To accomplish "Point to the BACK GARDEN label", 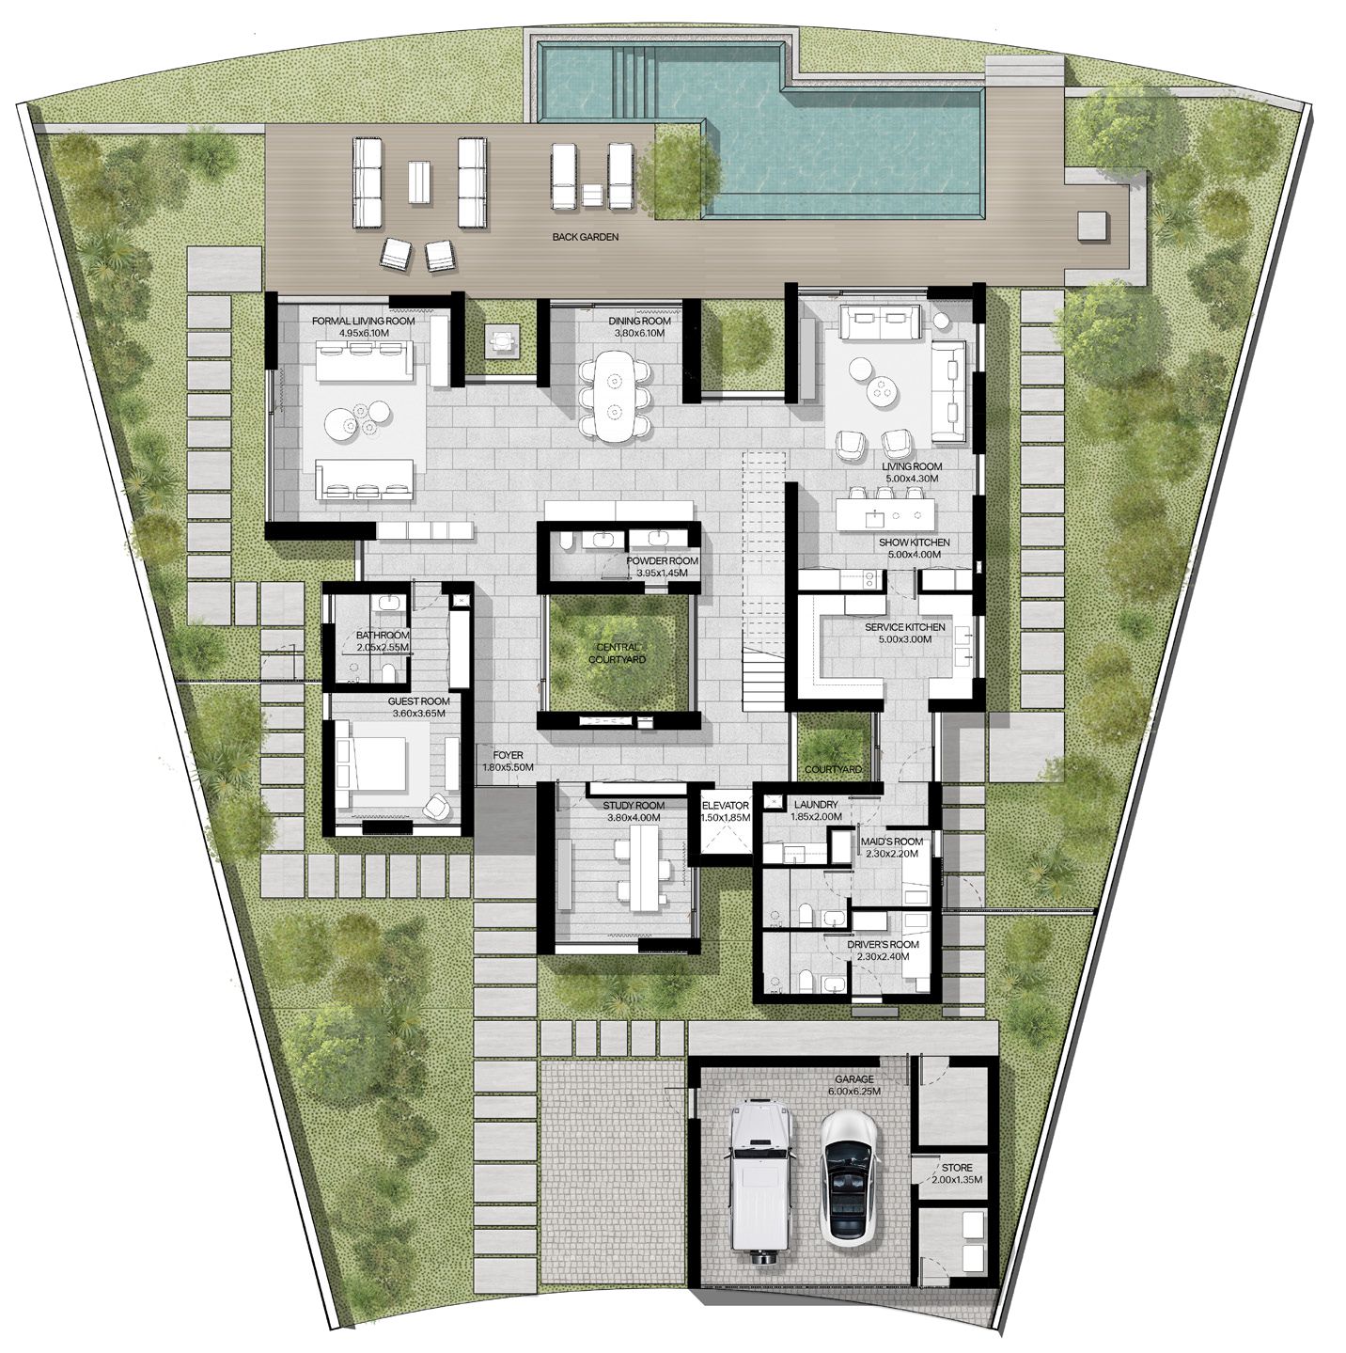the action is pyautogui.click(x=585, y=237).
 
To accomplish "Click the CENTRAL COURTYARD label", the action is pyautogui.click(x=618, y=653).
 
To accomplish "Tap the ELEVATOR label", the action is pyautogui.click(x=726, y=806).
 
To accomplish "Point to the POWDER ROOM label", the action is pyautogui.click(x=662, y=561).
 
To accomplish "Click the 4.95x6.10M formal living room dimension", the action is pyautogui.click(x=363, y=333).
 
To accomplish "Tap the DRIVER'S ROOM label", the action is pyautogui.click(x=883, y=944).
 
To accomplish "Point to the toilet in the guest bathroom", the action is pyautogui.click(x=390, y=673).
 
